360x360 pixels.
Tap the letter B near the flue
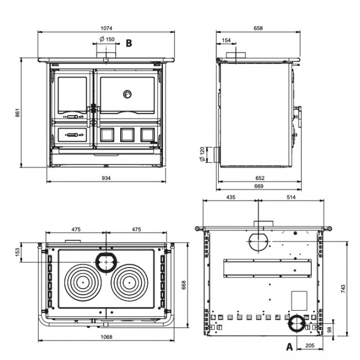[128, 42]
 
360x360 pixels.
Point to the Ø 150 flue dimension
[107, 39]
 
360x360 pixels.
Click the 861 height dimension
[17, 113]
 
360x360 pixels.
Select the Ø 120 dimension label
[203, 155]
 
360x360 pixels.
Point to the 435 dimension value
[232, 197]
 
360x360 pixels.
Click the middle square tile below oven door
[127, 135]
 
